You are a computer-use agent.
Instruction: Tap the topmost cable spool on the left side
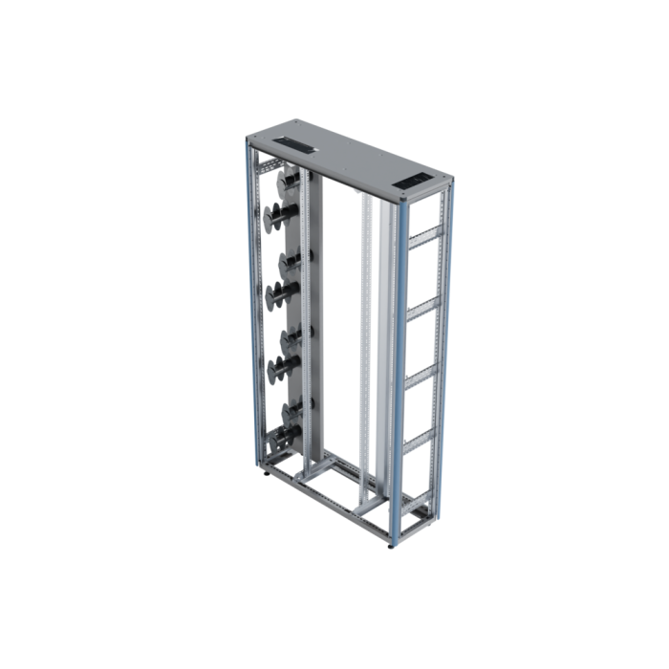pos(288,182)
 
